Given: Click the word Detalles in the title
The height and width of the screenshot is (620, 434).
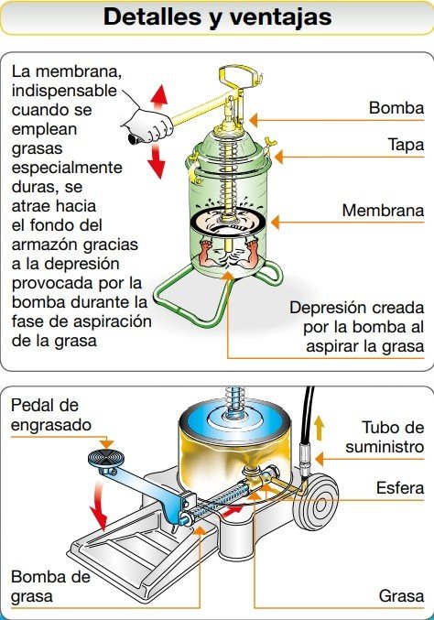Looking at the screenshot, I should pos(152,16).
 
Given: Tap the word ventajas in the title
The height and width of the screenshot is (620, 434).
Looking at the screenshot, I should pos(283,16).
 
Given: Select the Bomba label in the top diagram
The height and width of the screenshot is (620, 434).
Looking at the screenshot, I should pos(396,109).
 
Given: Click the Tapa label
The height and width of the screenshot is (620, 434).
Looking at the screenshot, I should pos(407,146).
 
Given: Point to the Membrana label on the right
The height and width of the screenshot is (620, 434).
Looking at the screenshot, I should pos(382,211).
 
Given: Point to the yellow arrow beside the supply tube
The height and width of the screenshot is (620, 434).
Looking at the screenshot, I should pos(319,428).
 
